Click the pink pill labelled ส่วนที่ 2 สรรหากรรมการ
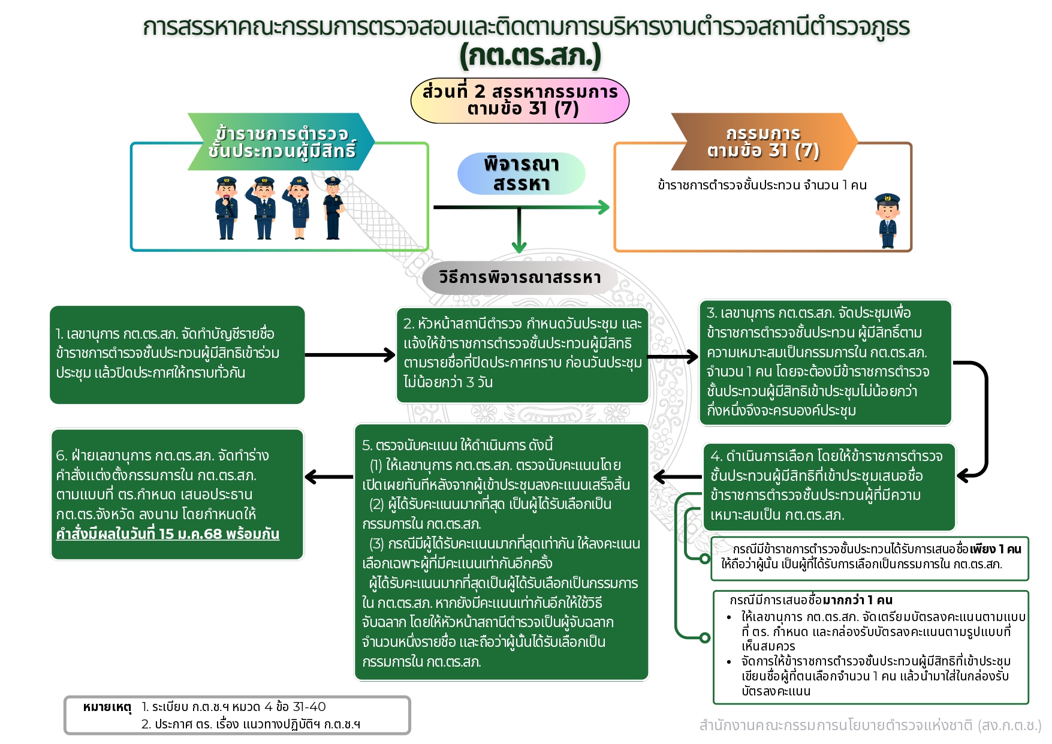(519, 100)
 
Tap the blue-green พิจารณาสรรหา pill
(521, 174)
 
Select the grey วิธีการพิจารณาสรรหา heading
(519, 278)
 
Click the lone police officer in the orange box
(887, 221)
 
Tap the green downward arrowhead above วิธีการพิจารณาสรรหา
(519, 246)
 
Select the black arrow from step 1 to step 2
(350, 355)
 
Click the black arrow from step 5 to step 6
(328, 477)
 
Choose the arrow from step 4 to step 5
(677, 477)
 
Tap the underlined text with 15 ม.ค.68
(168, 534)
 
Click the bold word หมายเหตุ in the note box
(107, 707)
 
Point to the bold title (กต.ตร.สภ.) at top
(530, 56)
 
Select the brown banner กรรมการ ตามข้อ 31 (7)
(763, 142)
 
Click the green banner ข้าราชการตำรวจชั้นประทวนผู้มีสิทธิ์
(281, 142)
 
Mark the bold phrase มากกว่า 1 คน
(857, 600)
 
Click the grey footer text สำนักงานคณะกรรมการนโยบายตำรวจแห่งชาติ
(870, 725)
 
